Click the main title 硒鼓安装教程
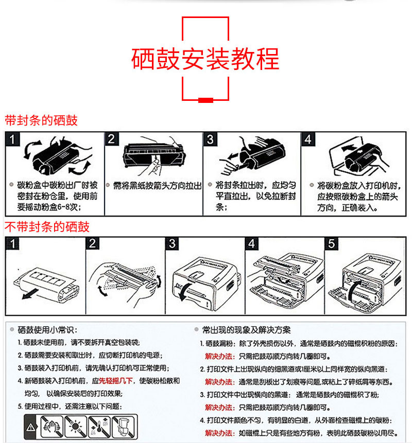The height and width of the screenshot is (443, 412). (205, 59)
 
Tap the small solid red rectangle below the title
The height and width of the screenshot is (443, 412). (205, 99)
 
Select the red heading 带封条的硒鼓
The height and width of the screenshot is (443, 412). (41, 120)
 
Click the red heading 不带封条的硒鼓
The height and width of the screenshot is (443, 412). (47, 227)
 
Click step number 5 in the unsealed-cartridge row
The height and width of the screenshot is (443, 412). (331, 243)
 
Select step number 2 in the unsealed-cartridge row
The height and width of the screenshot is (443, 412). (93, 243)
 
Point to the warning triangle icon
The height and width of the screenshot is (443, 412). (31, 427)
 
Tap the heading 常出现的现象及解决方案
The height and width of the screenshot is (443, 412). (246, 330)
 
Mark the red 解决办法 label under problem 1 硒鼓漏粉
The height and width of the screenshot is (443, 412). (219, 356)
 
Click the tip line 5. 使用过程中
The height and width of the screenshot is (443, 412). (72, 406)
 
